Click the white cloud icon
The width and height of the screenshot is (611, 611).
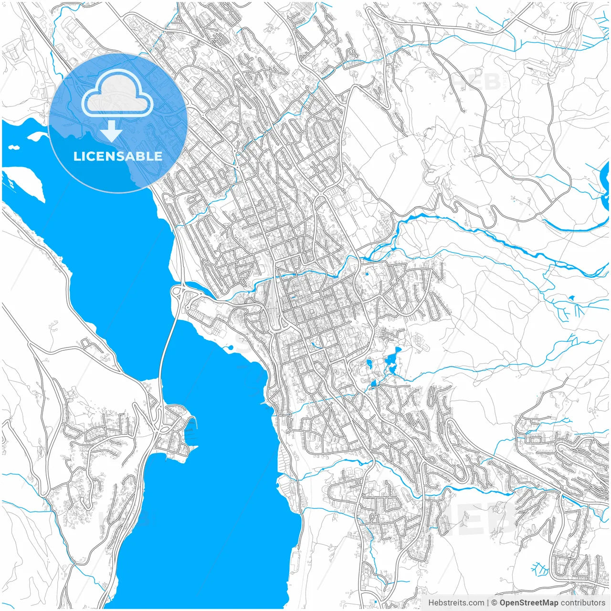click(x=117, y=94)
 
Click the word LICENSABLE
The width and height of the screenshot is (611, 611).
click(x=118, y=156)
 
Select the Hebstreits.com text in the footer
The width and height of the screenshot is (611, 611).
click(x=456, y=603)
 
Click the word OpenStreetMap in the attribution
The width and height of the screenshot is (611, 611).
click(x=529, y=603)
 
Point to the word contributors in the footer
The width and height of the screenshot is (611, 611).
click(x=583, y=603)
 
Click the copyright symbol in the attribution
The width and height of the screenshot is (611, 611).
click(x=494, y=603)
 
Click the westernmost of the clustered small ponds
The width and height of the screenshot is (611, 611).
click(x=369, y=365)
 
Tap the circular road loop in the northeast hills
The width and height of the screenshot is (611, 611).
click(x=432, y=175)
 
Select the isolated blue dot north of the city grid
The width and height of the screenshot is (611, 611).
click(x=367, y=274)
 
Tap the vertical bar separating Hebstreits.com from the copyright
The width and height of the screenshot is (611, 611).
click(x=488, y=603)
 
